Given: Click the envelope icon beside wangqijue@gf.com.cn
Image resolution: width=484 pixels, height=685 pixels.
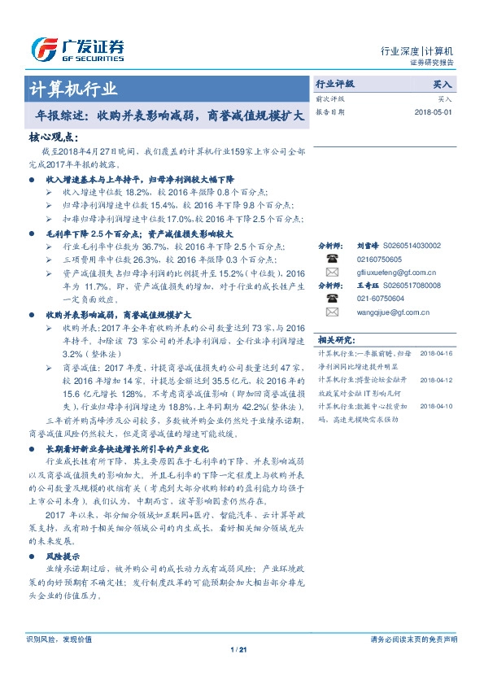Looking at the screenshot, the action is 332,312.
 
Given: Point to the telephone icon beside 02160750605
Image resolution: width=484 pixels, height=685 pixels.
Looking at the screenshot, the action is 332,258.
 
